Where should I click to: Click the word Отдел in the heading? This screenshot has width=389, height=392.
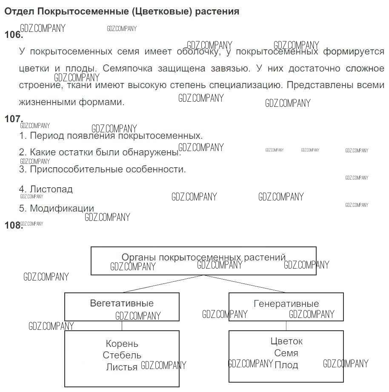tap(19, 11)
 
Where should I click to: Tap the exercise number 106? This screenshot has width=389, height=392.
tap(13, 35)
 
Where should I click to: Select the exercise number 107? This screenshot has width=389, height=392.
tap(13, 119)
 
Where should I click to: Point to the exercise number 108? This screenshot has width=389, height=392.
tap(13, 226)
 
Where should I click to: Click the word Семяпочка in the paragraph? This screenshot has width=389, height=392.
tap(120, 69)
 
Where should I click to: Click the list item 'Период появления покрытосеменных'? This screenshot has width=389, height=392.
tap(111, 136)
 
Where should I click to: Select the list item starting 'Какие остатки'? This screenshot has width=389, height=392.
tap(100, 152)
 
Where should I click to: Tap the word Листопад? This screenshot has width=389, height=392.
tap(51, 189)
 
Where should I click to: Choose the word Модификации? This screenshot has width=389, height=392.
tap(62, 209)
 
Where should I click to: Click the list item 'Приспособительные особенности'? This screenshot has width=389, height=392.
tap(108, 169)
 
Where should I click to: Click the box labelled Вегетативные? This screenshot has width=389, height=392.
tap(122, 306)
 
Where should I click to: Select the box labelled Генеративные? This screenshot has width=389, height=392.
tap(286, 306)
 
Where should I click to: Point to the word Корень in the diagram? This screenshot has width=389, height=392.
tap(122, 344)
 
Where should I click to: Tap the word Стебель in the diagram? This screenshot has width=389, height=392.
tap(122, 355)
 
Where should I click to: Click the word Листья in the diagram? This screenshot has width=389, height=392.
tap(122, 367)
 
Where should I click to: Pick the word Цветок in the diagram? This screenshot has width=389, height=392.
tap(286, 341)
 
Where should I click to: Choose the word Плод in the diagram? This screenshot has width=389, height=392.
tap(286, 365)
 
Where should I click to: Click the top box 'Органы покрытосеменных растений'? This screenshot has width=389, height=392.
tap(203, 260)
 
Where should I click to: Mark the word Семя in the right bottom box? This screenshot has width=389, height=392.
tap(286, 353)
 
